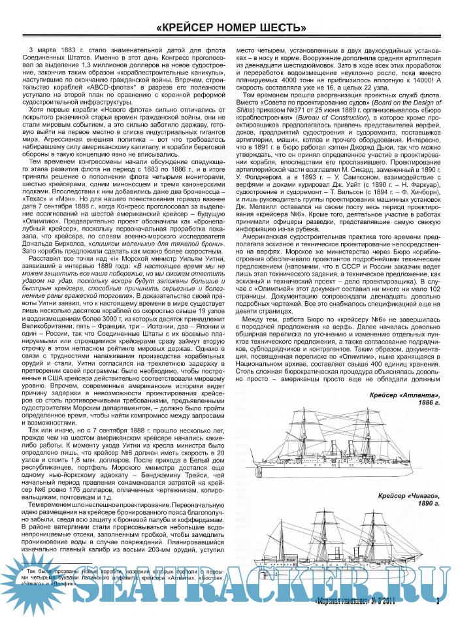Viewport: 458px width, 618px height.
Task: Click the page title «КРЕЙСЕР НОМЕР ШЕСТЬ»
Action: (x=231, y=27)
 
